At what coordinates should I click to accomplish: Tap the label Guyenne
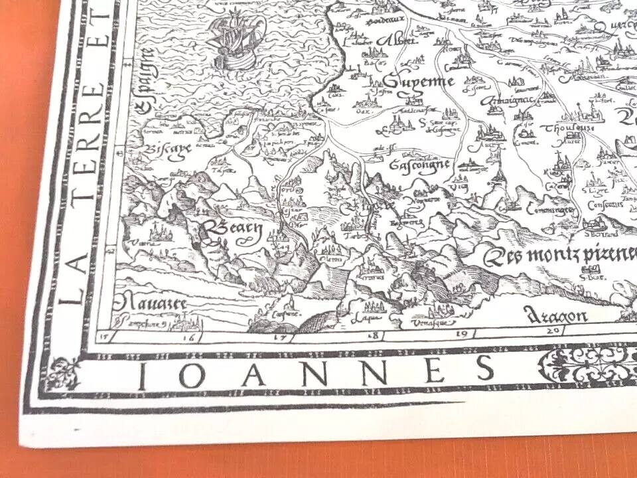(x=416, y=82)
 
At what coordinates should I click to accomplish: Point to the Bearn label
(x=234, y=230)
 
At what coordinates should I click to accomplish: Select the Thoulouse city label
(x=562, y=127)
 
